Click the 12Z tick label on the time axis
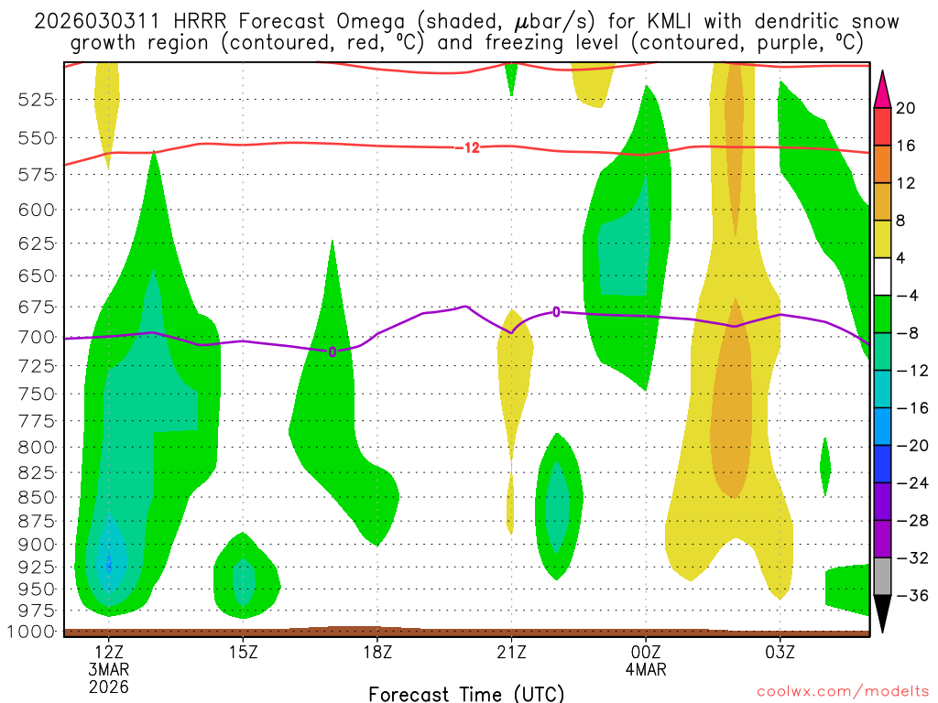coord(109,651)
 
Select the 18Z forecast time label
coord(377,651)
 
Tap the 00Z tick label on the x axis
coord(646,651)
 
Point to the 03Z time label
coord(780,651)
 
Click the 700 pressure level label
coord(35,337)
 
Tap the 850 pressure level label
coord(35,497)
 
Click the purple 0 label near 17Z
coord(333,351)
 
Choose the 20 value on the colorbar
coord(906,108)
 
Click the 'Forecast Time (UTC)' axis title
coord(466,693)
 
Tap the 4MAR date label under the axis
coord(646,668)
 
